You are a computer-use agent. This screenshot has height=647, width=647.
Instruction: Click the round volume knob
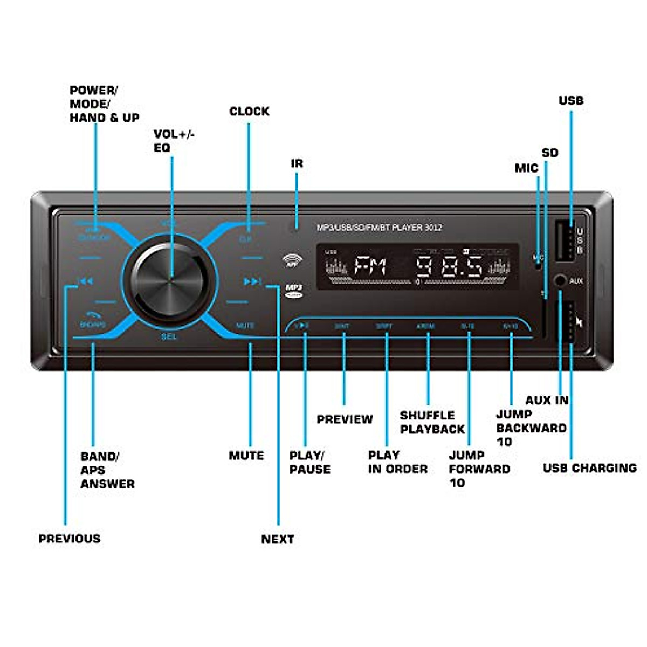(169, 279)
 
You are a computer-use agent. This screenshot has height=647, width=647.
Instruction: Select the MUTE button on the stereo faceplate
(245, 326)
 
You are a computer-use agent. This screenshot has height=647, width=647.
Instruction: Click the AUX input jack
(561, 281)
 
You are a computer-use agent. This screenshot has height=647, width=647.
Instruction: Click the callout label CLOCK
(249, 112)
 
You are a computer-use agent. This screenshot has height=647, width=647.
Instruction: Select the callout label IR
(297, 163)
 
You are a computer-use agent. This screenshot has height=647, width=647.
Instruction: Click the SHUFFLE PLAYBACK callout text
(432, 422)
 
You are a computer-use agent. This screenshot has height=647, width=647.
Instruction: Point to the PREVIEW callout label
(345, 419)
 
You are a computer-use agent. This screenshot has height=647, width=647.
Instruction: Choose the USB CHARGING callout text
(590, 468)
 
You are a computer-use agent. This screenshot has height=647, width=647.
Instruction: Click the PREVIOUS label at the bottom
(70, 539)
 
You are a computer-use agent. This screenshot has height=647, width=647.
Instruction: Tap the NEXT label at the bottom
(278, 539)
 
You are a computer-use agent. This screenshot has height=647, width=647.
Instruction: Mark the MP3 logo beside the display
(293, 291)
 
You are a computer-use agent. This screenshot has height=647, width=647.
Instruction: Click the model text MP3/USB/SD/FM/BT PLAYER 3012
(379, 228)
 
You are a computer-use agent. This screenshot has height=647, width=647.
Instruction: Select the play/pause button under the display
(304, 326)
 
